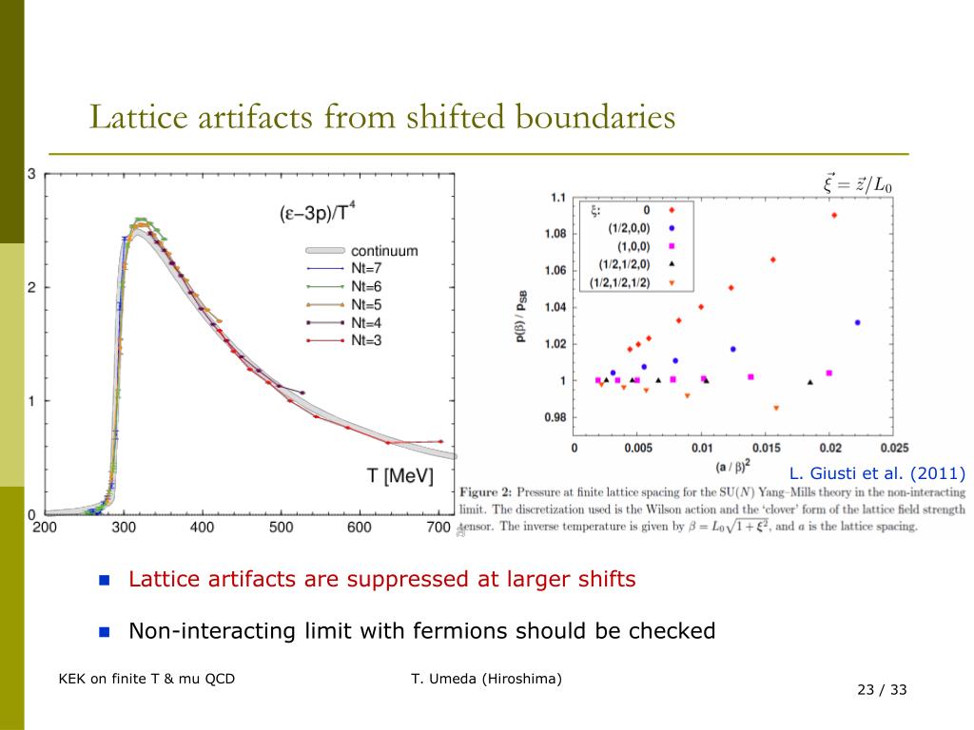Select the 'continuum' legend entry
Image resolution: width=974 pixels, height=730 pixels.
pos(384,251)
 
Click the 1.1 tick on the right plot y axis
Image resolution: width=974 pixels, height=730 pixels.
pos(557,198)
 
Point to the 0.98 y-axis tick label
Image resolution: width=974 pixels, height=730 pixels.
pos(554,417)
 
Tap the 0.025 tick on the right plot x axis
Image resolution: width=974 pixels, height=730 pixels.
pos(893,447)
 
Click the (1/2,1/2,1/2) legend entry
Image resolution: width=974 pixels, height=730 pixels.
pos(627,282)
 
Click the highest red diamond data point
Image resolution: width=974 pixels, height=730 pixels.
pos(834,215)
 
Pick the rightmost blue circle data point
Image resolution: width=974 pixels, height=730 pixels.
pos(857,322)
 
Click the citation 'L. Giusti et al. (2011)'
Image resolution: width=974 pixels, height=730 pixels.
pos(877,473)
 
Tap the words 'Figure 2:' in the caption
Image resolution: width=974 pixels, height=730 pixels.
pos(486,491)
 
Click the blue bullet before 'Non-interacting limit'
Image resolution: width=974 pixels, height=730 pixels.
pos(105,631)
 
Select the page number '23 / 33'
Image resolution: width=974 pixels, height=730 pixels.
pos(882,690)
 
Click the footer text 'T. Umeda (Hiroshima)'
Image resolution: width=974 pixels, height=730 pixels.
pos(487,679)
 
